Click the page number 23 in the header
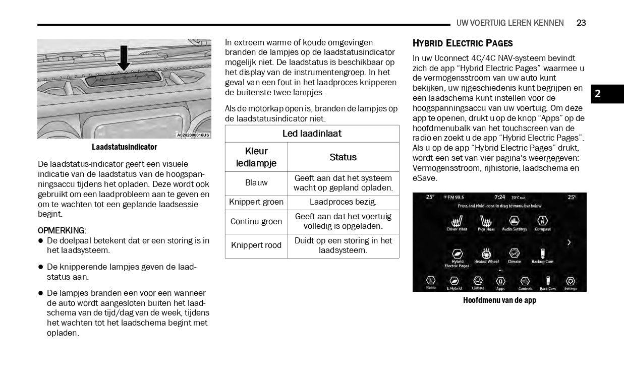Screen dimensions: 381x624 click(581, 23)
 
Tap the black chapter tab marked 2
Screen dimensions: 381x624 click(607, 94)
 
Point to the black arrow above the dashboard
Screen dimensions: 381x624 click(124, 58)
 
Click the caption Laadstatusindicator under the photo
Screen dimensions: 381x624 click(124, 147)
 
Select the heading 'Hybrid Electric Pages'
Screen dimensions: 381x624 click(463, 43)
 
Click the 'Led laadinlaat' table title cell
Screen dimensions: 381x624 click(312, 134)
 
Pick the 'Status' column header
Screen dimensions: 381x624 click(343, 157)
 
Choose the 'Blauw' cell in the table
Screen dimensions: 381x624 click(256, 183)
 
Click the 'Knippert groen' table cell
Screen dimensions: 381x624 click(256, 202)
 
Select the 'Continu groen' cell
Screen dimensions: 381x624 click(256, 222)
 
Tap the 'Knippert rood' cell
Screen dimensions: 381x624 click(256, 245)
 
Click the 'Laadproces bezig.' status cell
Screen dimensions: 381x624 click(343, 202)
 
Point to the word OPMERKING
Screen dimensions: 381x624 click(62, 230)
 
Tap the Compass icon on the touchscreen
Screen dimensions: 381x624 click(542, 221)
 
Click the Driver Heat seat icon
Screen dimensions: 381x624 click(457, 221)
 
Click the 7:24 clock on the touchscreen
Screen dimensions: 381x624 click(499, 197)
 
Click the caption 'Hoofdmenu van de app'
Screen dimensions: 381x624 click(499, 300)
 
